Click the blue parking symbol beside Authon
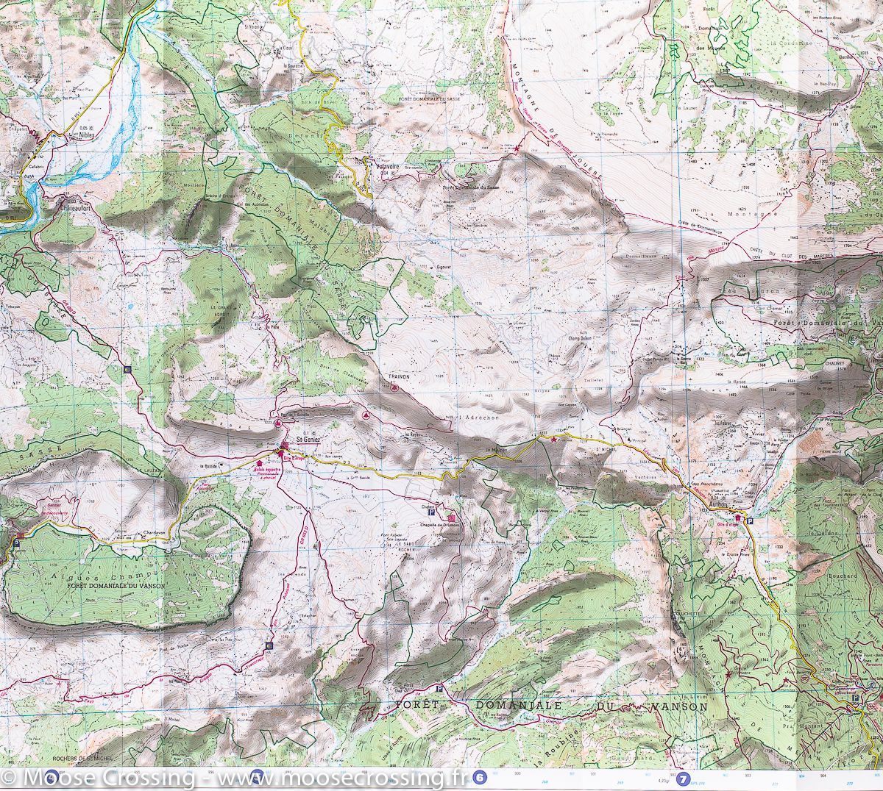point(749,520)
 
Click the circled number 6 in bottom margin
point(480,776)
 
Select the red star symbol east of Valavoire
point(517,150)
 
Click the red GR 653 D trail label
point(300,540)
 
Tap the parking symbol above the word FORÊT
point(439,689)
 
